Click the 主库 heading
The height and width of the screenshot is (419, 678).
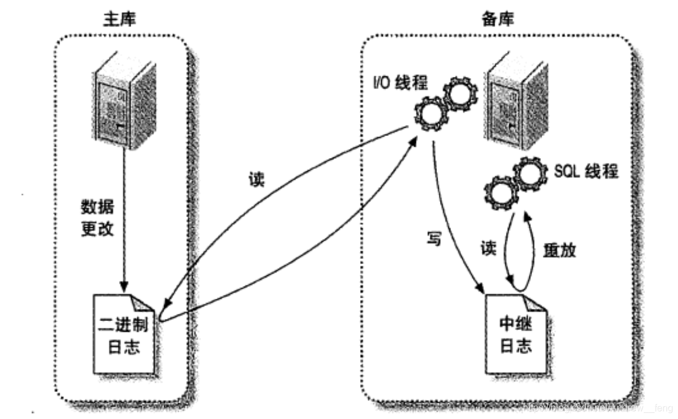pyautogui.click(x=120, y=18)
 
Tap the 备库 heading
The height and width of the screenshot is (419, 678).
pyautogui.click(x=498, y=18)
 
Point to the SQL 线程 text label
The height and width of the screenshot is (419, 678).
pyautogui.click(x=586, y=171)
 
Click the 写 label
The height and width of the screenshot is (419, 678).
pyautogui.click(x=434, y=239)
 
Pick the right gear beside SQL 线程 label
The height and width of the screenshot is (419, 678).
pyautogui.click(x=528, y=174)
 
